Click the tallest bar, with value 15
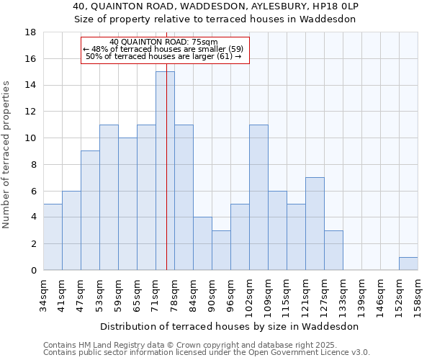tap(165, 171)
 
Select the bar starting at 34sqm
tap(53, 237)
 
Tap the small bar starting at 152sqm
tap(408, 264)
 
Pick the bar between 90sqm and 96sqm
tap(221, 250)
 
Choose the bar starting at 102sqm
tap(258, 197)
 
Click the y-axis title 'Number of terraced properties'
tap(7, 155)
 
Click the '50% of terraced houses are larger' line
tap(163, 56)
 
